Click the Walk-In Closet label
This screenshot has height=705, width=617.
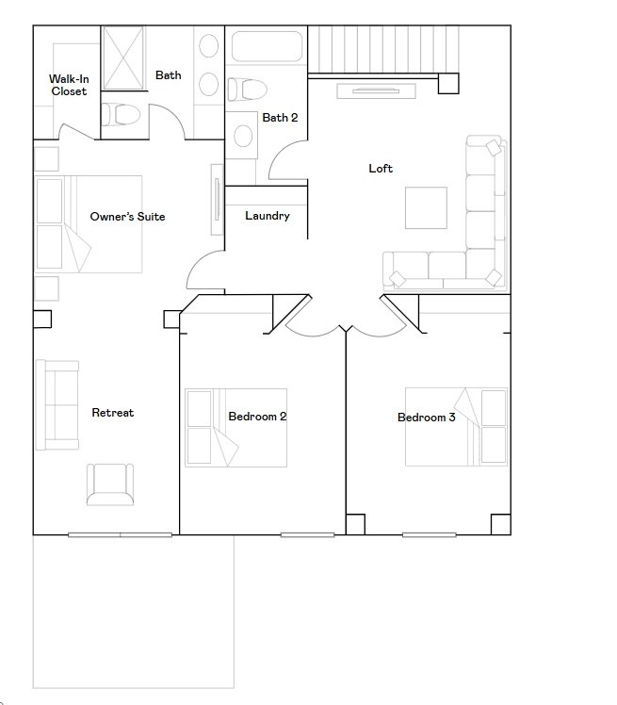[68, 86]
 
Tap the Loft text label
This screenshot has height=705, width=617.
[381, 169]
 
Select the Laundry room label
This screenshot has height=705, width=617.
[268, 216]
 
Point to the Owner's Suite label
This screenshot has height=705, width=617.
[127, 217]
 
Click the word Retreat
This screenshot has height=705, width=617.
[112, 413]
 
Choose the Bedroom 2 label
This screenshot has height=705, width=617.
[257, 417]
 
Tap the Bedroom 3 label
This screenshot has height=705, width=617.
[426, 418]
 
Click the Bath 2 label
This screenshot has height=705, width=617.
[280, 118]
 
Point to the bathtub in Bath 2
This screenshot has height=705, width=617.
[267, 48]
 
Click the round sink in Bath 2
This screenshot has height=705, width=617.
[243, 137]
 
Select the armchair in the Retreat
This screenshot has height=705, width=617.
[110, 484]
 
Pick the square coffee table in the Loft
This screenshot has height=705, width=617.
[426, 208]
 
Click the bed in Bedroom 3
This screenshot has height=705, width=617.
[456, 426]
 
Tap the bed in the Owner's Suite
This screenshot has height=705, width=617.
[89, 224]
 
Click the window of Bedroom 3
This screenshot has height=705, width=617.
[429, 534]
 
